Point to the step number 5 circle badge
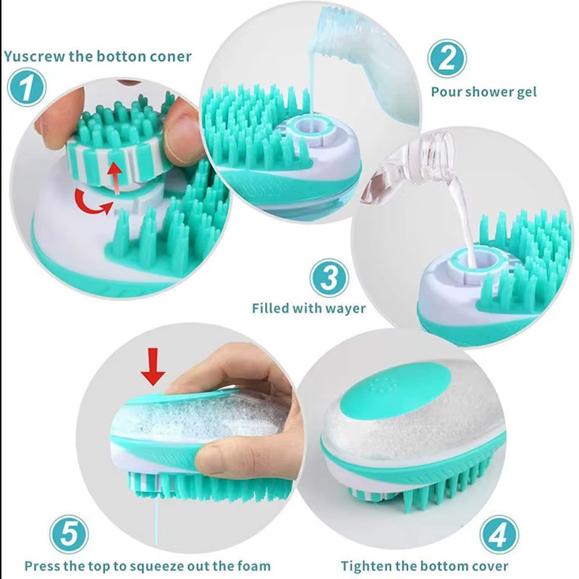pos(69,535)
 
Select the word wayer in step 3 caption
pos(345,309)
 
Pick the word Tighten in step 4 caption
pos(368,566)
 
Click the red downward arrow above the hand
pos(153,367)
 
